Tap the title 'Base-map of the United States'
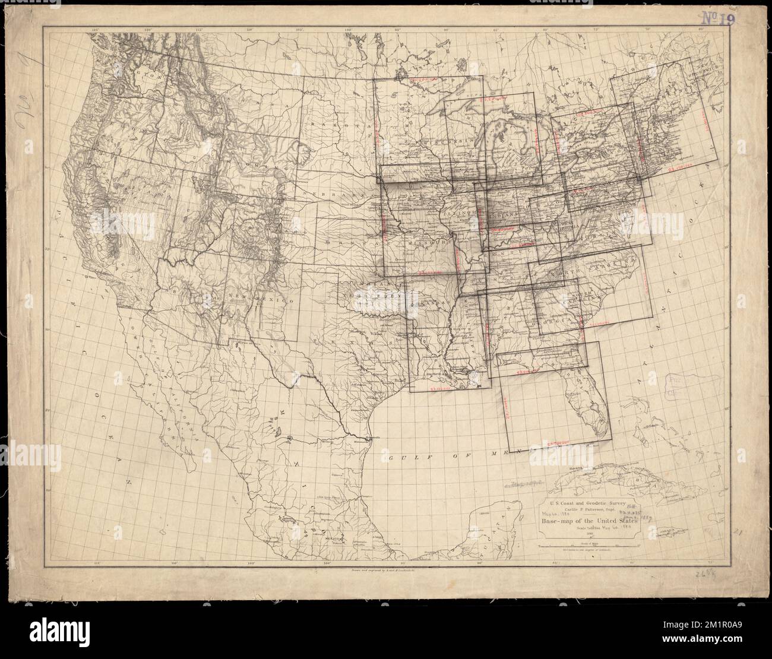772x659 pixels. coord(589,522)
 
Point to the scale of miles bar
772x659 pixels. coord(588,541)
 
